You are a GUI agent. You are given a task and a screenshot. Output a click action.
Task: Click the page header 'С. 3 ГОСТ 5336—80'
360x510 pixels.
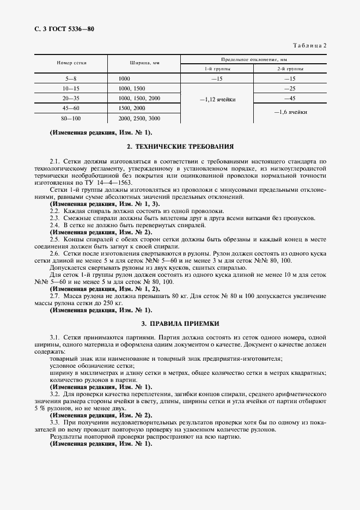(59, 28)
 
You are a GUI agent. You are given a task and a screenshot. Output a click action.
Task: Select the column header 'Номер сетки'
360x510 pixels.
(71, 63)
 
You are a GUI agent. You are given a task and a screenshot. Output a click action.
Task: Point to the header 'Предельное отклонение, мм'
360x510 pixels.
(253, 58)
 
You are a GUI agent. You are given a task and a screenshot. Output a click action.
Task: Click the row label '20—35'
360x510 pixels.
(71, 98)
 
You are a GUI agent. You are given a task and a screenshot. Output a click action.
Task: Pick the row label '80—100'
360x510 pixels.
(71, 118)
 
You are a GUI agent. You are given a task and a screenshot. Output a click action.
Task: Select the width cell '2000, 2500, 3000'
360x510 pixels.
(139, 118)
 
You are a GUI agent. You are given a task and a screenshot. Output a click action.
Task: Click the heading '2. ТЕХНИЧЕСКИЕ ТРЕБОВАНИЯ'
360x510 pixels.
(180, 147)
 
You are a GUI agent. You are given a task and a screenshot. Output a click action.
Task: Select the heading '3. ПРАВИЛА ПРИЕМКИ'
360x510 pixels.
(180, 323)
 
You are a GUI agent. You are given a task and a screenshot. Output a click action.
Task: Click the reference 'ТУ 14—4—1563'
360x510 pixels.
(99, 183)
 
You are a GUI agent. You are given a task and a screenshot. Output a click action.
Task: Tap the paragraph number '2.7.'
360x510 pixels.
(56, 295)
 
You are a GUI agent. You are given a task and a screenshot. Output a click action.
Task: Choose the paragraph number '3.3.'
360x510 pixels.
(56, 423)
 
